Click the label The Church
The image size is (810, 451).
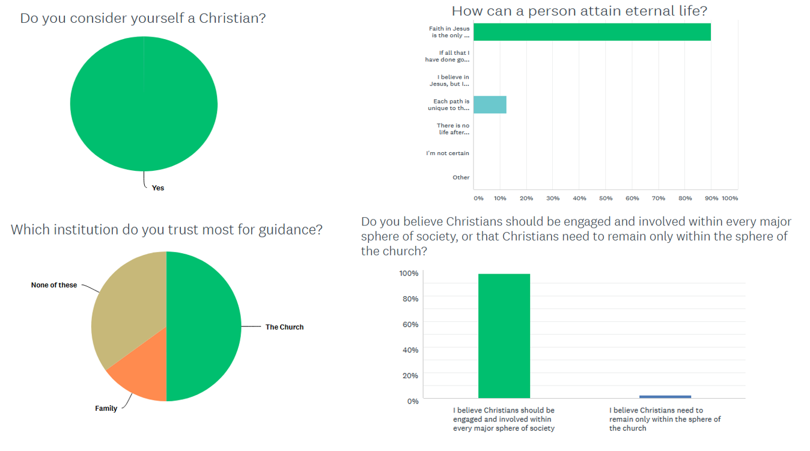tap(284, 327)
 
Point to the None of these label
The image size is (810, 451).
tap(54, 285)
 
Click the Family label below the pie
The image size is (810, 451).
tap(106, 409)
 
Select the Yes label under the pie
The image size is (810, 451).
tap(157, 188)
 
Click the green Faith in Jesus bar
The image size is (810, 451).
tap(592, 32)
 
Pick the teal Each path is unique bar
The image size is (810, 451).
tap(490, 105)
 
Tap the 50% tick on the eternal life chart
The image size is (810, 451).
tap(606, 198)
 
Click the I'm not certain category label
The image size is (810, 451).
tap(448, 153)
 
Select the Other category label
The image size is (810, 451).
tap(461, 177)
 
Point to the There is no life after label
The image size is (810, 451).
tap(453, 129)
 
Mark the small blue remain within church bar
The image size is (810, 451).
tap(665, 397)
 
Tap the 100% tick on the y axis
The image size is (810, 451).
tap(409, 274)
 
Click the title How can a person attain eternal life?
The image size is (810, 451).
tap(579, 11)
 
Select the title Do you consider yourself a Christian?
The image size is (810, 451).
tap(143, 18)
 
